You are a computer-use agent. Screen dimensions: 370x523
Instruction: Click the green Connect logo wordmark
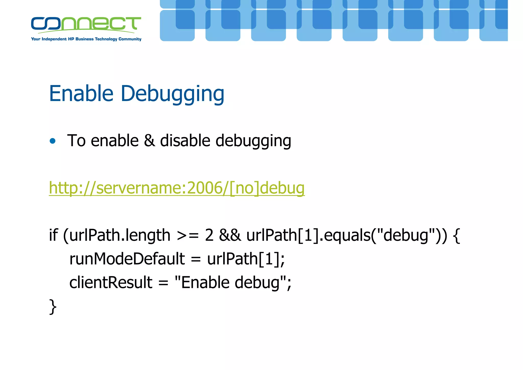click(x=86, y=24)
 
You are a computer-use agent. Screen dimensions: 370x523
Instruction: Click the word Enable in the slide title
click(x=81, y=94)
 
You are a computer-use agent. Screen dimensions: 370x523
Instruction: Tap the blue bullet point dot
click(x=53, y=141)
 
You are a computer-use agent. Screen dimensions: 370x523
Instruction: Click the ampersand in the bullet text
click(x=149, y=141)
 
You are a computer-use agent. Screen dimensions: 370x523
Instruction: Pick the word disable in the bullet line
click(x=185, y=141)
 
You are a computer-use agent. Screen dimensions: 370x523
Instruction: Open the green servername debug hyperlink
click(x=177, y=188)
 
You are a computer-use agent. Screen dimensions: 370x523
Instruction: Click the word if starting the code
click(x=53, y=235)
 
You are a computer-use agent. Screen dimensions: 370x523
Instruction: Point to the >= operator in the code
click(x=188, y=236)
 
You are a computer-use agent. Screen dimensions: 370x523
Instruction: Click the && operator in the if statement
click(x=230, y=235)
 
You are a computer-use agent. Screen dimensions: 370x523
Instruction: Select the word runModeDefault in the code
click(x=127, y=259)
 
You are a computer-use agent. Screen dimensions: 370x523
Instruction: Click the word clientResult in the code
click(x=111, y=283)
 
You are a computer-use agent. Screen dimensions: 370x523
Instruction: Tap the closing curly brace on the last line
click(x=53, y=306)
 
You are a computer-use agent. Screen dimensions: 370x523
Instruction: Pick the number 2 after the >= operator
click(x=209, y=235)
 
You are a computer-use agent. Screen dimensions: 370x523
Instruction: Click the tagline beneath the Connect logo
click(x=86, y=39)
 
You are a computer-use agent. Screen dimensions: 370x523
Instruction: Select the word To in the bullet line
click(x=76, y=141)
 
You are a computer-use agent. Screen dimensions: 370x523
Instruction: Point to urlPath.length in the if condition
click(x=120, y=236)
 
